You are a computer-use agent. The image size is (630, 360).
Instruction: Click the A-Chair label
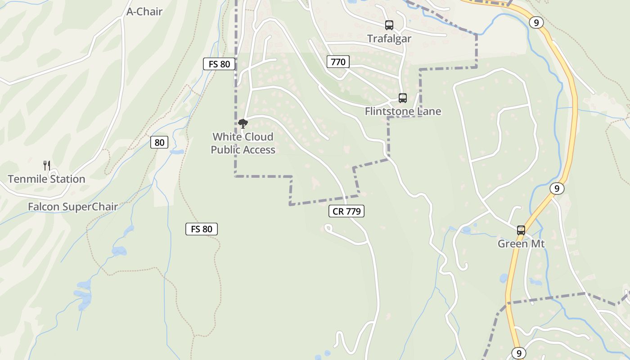144,12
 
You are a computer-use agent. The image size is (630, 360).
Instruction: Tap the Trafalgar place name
389,39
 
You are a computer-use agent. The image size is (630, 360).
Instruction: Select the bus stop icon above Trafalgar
389,25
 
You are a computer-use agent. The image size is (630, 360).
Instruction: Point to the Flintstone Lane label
403,111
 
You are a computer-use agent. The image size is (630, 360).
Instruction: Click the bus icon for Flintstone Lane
402,98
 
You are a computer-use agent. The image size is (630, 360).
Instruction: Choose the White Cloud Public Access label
243,143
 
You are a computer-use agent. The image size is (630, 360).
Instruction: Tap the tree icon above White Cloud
243,123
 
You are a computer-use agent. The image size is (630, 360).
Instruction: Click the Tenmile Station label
46,179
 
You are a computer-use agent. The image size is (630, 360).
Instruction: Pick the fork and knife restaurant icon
46,165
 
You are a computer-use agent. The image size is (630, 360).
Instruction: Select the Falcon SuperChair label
72,207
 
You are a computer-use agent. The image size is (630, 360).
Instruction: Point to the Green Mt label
521,244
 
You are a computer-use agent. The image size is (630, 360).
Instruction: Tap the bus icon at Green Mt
521,230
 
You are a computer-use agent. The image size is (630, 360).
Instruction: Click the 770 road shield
338,62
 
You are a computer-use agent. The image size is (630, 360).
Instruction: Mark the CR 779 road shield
346,211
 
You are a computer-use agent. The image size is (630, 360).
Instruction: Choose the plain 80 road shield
159,143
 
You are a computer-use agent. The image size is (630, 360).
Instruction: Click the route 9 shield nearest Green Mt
557,189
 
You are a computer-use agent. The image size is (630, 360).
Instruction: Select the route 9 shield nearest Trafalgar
536,22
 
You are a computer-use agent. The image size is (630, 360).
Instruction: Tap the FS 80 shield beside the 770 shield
219,64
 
